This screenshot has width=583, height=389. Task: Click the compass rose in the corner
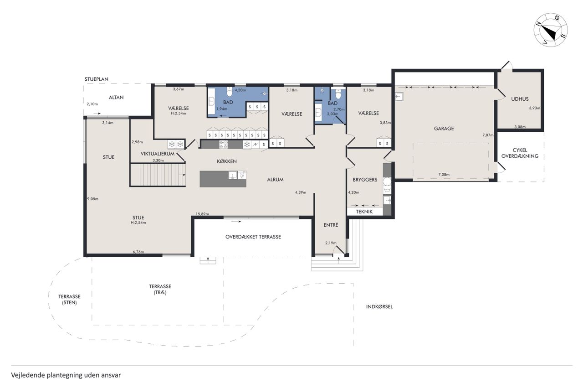click(551, 30)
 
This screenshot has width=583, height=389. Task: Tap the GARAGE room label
click(444, 129)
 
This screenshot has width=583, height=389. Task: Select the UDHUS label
click(520, 99)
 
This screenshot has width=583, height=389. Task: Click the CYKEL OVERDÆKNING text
click(520, 153)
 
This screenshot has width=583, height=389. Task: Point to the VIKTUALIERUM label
click(158, 154)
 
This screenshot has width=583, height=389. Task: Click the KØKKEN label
click(227, 161)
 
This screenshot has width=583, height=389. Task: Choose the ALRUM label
click(275, 180)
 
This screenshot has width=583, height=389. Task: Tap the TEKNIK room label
click(364, 212)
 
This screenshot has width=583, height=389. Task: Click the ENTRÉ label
click(331, 225)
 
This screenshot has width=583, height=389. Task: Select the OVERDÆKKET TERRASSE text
click(253, 237)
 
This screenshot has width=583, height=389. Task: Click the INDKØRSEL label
click(379, 306)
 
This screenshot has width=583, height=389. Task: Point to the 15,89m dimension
click(202, 214)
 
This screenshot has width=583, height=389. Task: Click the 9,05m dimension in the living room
click(93, 199)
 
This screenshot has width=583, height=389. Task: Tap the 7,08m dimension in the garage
click(444, 175)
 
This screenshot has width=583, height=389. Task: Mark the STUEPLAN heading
click(96, 79)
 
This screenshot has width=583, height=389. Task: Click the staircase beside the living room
click(158, 175)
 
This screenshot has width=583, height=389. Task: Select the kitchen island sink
click(233, 175)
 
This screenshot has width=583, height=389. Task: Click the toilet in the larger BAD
click(230, 92)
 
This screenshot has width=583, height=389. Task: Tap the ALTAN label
click(116, 98)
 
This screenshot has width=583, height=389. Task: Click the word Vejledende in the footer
click(28, 375)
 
